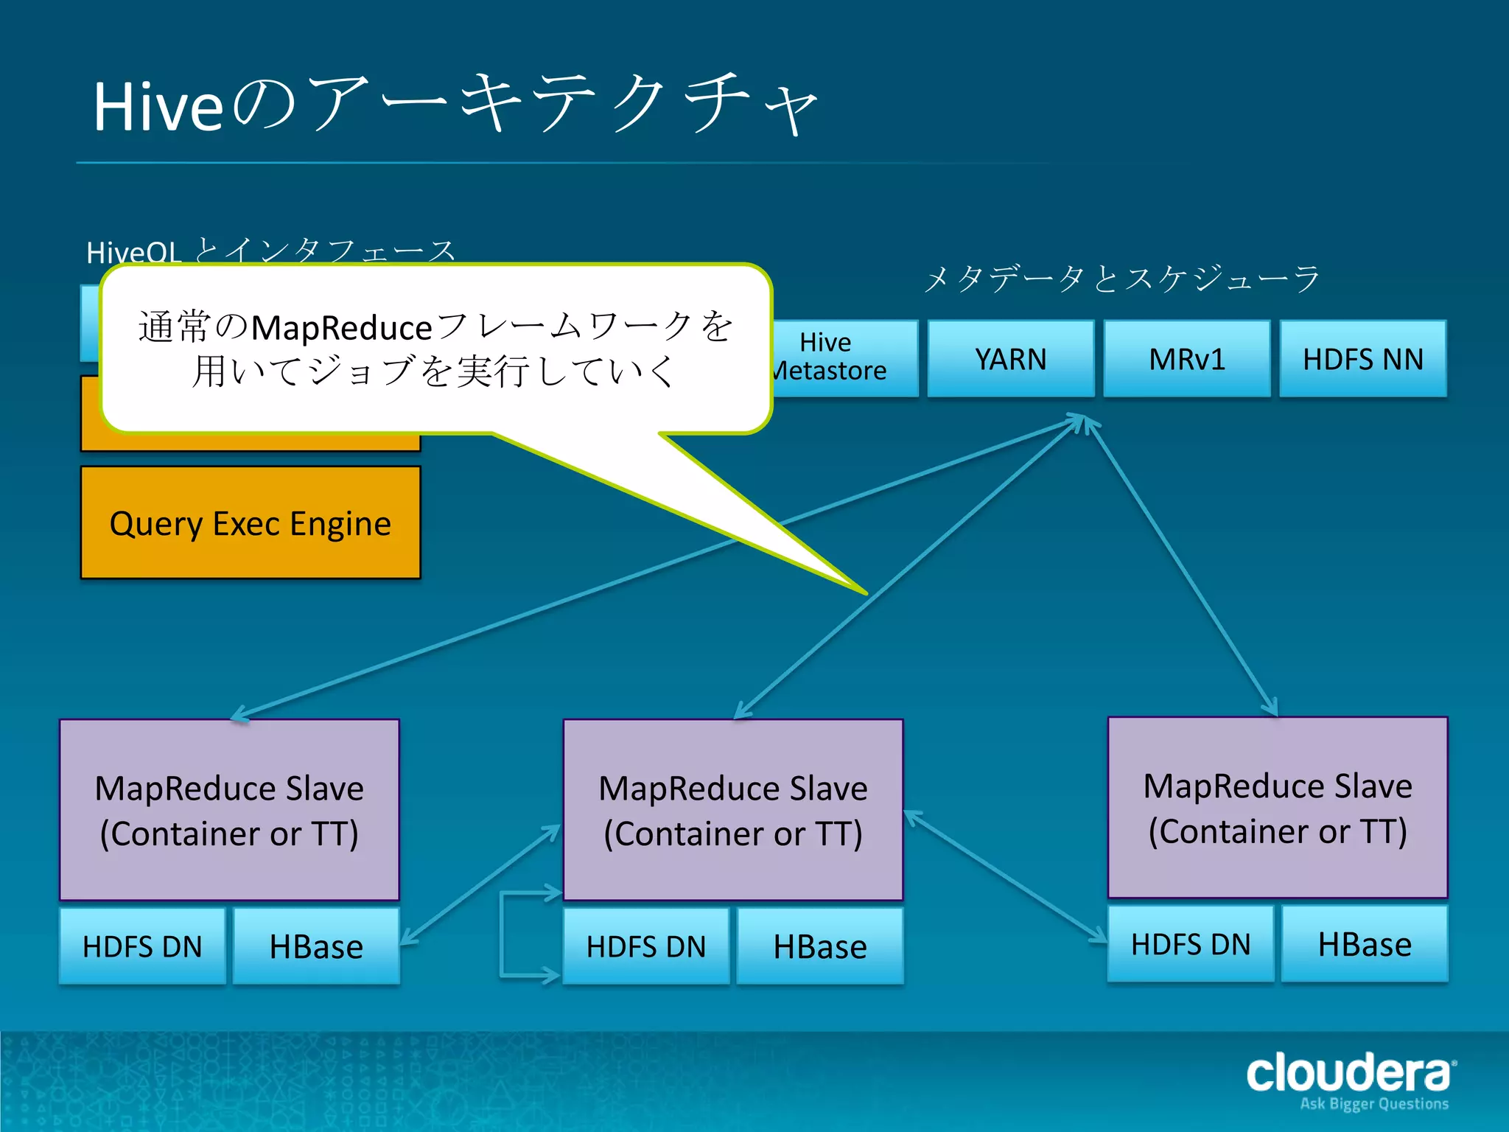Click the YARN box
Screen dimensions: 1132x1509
coord(1010,360)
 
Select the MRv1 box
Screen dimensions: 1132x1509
coord(1186,360)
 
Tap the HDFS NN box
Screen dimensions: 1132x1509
coord(1362,360)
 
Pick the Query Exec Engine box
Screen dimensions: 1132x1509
coord(251,523)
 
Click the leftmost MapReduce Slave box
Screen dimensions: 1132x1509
coord(229,809)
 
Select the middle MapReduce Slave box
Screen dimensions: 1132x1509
coord(732,809)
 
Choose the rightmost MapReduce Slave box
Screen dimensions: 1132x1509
coord(1277,807)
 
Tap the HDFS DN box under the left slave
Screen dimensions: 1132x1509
coord(142,946)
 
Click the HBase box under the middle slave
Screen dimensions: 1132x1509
coord(819,946)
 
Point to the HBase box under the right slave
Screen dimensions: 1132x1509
coord(1364,944)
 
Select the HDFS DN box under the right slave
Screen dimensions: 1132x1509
coord(1190,944)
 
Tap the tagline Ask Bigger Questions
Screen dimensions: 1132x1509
coord(1373,1104)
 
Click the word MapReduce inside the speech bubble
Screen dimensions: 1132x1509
coord(341,328)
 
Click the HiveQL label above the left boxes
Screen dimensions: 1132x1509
coord(133,253)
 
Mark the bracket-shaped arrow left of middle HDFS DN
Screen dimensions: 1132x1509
coord(503,934)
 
